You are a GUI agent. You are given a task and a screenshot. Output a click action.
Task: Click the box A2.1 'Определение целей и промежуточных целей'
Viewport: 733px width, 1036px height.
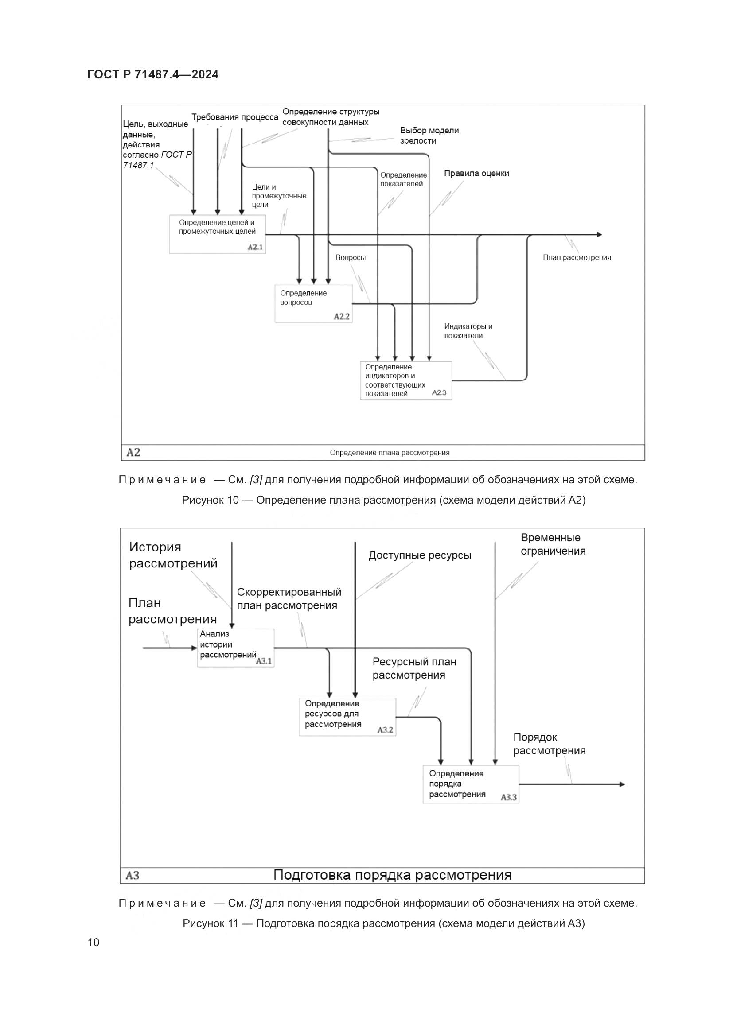pyautogui.click(x=217, y=234)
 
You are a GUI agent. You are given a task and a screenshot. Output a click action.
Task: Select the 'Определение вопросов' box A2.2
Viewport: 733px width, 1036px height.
pyautogui.click(x=313, y=303)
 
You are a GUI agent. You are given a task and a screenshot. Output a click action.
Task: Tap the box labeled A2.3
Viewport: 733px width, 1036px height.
pyautogui.click(x=406, y=380)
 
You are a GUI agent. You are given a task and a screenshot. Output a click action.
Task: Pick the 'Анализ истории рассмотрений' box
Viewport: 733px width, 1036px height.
pyautogui.click(x=236, y=648)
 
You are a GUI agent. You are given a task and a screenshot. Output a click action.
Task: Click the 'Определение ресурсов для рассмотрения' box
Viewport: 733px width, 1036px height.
pyautogui.click(x=347, y=717)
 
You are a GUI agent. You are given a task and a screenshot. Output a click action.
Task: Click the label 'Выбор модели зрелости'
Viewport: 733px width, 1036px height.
pyautogui.click(x=429, y=136)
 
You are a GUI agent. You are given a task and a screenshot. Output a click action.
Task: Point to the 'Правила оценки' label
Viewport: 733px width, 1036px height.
pyautogui.click(x=476, y=173)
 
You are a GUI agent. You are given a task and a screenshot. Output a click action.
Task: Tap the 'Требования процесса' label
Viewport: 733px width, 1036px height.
pyautogui.click(x=235, y=117)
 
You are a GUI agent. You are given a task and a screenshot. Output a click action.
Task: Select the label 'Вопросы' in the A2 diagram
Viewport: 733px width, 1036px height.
pyautogui.click(x=350, y=258)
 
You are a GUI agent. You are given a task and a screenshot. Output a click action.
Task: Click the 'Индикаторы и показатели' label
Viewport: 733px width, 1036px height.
pyautogui.click(x=468, y=331)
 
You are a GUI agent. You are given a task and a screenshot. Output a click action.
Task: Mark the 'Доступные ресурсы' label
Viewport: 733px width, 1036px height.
pyautogui.click(x=419, y=555)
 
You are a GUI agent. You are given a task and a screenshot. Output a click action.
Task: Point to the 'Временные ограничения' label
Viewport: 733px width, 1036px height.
pyautogui.click(x=553, y=544)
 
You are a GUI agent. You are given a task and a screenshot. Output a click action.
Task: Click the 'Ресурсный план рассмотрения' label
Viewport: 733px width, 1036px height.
pyautogui.click(x=414, y=668)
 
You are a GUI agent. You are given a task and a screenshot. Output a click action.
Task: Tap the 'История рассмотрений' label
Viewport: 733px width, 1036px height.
pyautogui.click(x=173, y=555)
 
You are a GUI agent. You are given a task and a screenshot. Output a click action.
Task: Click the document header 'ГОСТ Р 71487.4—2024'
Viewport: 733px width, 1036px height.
pyautogui.click(x=153, y=74)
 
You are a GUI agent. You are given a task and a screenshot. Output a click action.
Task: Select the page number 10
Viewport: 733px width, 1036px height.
pyautogui.click(x=94, y=942)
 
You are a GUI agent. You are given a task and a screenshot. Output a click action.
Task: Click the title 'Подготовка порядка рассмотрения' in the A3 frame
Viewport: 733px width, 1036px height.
pyautogui.click(x=392, y=875)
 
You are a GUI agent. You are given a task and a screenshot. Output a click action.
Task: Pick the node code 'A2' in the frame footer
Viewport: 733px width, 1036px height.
pyautogui.click(x=133, y=452)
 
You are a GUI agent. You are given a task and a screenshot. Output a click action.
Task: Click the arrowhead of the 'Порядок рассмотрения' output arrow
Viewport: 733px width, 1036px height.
pyautogui.click(x=622, y=784)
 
